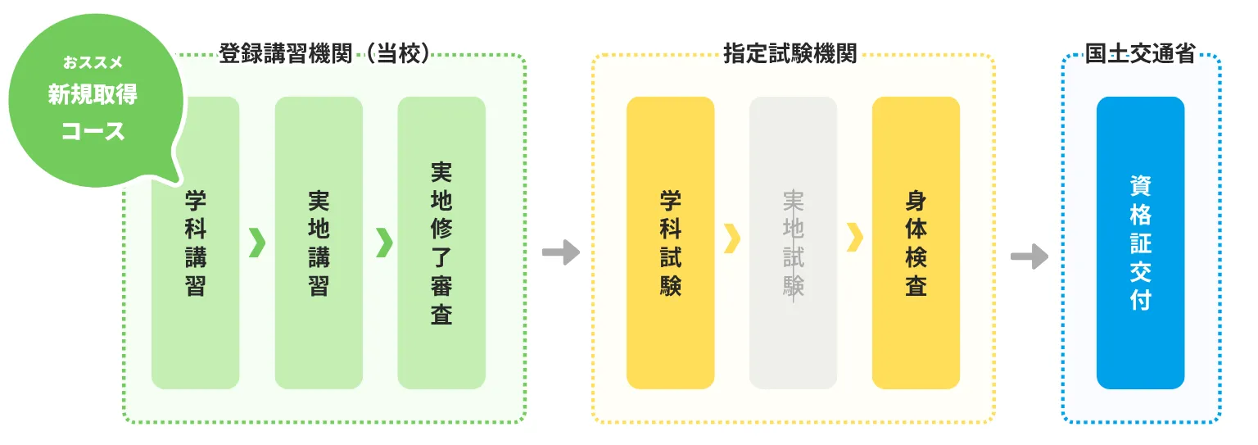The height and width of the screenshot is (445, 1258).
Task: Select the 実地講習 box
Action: point(319,243)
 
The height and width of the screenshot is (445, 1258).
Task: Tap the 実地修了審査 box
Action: point(441,243)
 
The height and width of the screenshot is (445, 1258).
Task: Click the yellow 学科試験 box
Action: point(670,243)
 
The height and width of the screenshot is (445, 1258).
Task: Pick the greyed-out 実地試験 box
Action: point(793,243)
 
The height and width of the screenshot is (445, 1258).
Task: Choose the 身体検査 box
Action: point(916,243)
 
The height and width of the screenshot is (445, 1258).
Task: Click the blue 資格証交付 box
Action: point(1140,243)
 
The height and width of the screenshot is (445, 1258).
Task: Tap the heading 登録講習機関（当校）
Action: point(324,55)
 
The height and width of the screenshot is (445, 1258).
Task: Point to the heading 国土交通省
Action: point(1140,55)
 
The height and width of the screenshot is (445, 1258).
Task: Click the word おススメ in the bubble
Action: point(93,61)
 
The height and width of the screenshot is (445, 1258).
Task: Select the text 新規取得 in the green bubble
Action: point(93,95)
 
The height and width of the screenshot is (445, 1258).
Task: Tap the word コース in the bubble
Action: point(93,130)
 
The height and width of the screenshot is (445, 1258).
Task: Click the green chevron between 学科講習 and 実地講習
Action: point(257,242)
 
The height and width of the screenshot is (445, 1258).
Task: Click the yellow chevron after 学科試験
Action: point(732,238)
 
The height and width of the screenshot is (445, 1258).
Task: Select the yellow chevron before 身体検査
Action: point(855,238)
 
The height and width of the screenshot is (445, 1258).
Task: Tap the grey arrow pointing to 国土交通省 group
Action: point(1029,256)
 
